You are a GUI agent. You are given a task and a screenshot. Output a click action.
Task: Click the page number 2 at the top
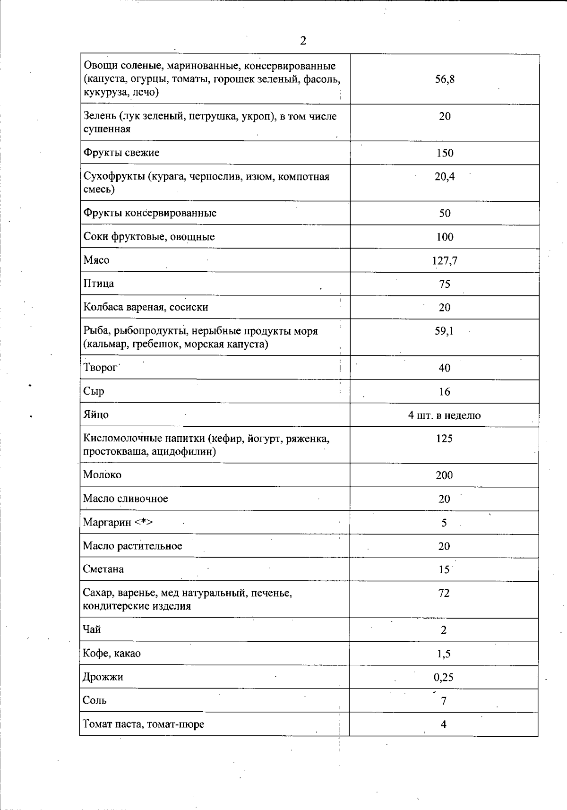point(303,41)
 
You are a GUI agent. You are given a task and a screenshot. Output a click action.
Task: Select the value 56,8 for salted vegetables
point(445,79)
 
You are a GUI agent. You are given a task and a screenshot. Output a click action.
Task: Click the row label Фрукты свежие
point(121,153)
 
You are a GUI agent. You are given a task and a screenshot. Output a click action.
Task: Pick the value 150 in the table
point(445,153)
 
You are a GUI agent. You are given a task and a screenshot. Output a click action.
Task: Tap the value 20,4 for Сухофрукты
point(445,177)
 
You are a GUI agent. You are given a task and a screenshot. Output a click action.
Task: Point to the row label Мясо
point(96,260)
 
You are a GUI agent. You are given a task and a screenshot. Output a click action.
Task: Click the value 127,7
point(445,261)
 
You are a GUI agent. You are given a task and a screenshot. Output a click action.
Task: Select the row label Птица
point(98,284)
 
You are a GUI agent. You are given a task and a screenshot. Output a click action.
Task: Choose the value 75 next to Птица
point(445,284)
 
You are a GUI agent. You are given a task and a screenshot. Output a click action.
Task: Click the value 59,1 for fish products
point(444,331)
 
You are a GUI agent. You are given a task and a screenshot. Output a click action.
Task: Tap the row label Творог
point(100,368)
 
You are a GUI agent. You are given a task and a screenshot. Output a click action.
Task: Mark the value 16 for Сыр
point(444,392)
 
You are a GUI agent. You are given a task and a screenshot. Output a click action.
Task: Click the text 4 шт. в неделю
point(444,416)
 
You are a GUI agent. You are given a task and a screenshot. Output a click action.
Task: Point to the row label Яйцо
point(95,415)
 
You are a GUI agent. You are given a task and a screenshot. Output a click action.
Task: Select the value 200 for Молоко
point(444,475)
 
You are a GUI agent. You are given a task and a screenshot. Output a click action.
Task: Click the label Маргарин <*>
point(118,523)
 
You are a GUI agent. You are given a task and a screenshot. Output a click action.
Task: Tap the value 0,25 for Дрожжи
point(443,678)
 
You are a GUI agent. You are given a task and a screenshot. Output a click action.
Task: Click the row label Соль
point(94,700)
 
